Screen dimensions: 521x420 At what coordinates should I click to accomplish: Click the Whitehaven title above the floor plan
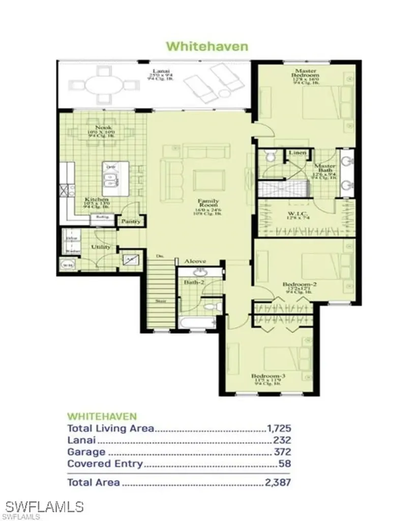click(x=207, y=46)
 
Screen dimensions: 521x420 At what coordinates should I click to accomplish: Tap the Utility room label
click(x=101, y=247)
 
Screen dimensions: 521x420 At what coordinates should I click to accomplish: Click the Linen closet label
click(x=296, y=153)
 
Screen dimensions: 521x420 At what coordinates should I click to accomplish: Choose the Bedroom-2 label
click(x=300, y=285)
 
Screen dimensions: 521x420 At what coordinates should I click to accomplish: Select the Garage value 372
click(x=282, y=452)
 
